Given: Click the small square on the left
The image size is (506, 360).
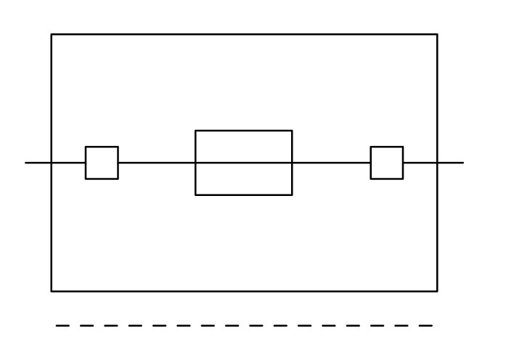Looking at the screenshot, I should coord(102,163).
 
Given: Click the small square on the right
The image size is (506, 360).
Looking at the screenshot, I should coord(387,163).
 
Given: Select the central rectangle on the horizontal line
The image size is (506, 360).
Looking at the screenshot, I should coord(244,145).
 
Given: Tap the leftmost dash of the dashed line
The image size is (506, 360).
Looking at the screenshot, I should coord(63,326).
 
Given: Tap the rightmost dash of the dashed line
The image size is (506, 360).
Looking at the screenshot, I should coord(426,326).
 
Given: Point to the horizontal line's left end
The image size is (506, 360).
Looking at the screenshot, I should coord(26,163).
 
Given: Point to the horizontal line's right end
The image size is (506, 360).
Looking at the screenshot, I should coord(462,163).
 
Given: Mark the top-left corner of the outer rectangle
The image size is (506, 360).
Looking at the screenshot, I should coord(52,34).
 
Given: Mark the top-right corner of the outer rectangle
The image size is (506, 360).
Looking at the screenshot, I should coord(437,34).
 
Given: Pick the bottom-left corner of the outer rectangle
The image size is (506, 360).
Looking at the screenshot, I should coord(52,291).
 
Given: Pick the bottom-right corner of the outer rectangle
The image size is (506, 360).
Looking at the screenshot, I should coord(437,291).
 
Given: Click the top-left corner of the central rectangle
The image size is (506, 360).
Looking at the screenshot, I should coord(195,131).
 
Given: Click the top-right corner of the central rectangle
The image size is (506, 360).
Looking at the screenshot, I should coord(292,131).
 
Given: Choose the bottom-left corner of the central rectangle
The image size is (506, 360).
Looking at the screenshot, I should coord(195,195).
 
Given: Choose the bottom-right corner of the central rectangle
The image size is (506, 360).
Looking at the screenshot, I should coord(292,195).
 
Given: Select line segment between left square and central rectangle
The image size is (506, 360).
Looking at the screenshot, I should coord(157,163).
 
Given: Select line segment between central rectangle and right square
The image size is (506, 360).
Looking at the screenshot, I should coord(331,163).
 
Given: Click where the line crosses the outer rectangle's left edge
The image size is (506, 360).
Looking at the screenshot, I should coord(52,163).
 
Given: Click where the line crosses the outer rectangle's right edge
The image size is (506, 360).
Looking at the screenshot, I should coord(437,163).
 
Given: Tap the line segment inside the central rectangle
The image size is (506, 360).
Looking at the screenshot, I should coord(244,163).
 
